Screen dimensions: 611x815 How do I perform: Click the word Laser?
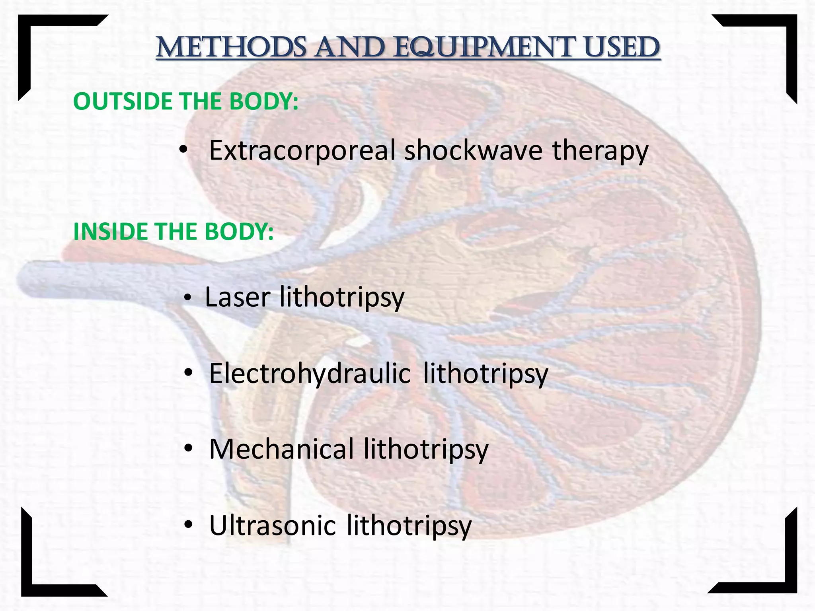click(238, 297)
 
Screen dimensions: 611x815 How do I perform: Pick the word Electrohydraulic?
click(310, 374)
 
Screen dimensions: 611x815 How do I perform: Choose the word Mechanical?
click(281, 449)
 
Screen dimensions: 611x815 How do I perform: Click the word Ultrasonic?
click(272, 525)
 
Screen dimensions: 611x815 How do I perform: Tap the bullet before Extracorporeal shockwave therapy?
click(183, 150)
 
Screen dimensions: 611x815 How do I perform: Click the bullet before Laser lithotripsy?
click(188, 298)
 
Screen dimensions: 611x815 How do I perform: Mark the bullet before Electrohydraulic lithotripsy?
click(188, 373)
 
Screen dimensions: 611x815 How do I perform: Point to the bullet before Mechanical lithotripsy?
click(188, 449)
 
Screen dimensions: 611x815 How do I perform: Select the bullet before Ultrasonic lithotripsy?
click(188, 525)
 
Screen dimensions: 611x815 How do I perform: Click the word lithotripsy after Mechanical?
click(426, 450)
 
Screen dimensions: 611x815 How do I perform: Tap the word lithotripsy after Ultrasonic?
click(409, 526)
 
